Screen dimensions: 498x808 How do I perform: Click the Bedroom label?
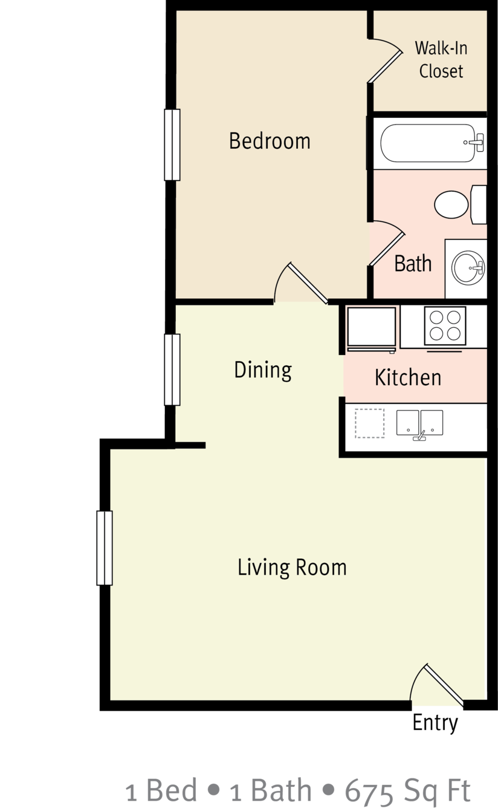(x=270, y=141)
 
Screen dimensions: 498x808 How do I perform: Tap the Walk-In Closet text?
(x=441, y=59)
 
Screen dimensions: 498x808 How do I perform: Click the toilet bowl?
(x=451, y=204)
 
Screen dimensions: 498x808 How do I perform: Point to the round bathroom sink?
(x=468, y=268)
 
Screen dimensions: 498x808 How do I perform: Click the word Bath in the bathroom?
(x=413, y=263)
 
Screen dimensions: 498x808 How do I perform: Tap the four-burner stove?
(x=445, y=326)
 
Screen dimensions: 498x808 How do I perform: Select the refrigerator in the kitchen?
(x=371, y=329)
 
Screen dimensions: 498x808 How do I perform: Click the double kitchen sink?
(x=420, y=423)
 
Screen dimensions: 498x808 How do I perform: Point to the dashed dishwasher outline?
(x=370, y=423)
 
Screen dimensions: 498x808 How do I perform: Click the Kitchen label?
(x=408, y=377)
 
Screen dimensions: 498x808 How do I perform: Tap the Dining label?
(x=263, y=370)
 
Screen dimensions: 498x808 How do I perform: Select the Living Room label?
(x=292, y=567)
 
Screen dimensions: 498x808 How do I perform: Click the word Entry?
(x=435, y=723)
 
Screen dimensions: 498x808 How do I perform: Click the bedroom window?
(x=172, y=145)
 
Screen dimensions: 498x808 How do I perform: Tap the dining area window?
(x=172, y=370)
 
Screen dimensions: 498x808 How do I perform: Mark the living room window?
(x=105, y=548)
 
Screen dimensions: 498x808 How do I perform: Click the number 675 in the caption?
(x=369, y=790)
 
